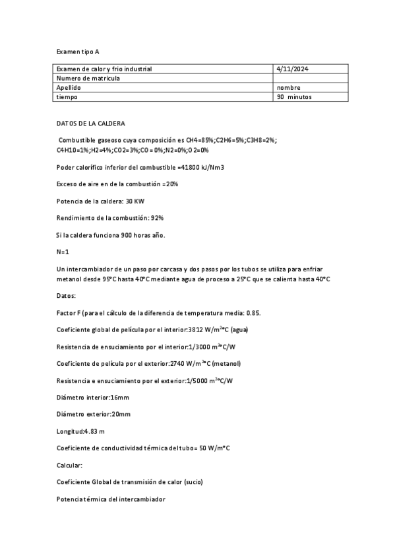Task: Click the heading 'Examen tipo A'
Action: point(78,51)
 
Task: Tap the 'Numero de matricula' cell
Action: point(88,78)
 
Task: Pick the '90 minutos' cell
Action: point(294,96)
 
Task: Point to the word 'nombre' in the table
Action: point(289,87)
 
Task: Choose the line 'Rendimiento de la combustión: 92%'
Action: point(110,217)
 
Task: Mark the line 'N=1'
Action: point(63,252)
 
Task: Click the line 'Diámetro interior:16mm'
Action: point(93,398)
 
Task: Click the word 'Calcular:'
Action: point(70,466)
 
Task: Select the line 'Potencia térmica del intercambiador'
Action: point(110,499)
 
